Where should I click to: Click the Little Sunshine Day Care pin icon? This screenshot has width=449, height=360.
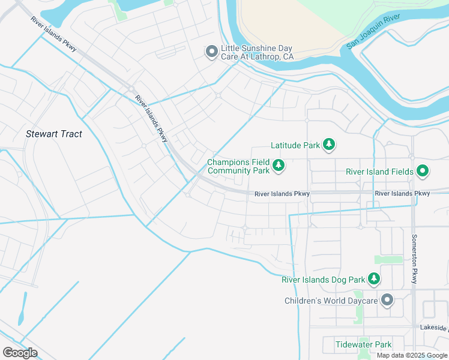(211, 52)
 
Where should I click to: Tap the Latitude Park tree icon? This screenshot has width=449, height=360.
(328, 145)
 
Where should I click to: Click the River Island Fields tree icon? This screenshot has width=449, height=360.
(422, 172)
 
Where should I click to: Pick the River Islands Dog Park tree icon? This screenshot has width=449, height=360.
(374, 279)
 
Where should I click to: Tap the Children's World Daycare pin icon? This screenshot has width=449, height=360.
(387, 300)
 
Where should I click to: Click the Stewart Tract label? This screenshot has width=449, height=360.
(54, 134)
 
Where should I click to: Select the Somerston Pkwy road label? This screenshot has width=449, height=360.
(414, 258)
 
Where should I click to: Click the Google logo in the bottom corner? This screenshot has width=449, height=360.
(19, 353)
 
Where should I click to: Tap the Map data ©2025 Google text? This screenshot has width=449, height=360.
(412, 355)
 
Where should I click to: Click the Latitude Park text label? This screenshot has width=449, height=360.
(295, 145)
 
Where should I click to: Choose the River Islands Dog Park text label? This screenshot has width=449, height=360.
(324, 280)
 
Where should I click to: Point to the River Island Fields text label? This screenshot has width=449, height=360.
(379, 172)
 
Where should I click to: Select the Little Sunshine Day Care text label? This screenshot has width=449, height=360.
(257, 52)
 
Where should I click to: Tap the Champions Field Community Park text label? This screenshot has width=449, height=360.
(238, 166)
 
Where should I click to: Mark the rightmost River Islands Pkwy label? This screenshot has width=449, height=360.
(402, 193)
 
